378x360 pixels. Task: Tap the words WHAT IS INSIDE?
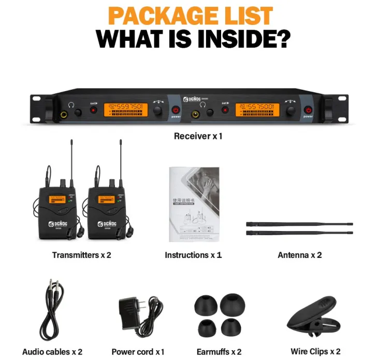coord(193,39)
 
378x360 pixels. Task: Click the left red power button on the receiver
coord(176,110)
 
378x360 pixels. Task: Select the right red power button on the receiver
coord(308,110)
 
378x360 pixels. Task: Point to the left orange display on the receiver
coord(126,110)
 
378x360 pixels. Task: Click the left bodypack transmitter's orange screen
coord(56,199)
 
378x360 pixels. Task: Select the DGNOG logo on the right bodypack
coord(107,224)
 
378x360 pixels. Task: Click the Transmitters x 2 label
coord(81,255)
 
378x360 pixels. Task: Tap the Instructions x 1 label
coord(193,255)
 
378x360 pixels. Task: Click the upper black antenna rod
coord(299,224)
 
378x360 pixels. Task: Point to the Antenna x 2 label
coord(299,255)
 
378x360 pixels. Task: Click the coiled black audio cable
coord(51,311)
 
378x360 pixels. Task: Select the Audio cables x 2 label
coord(52,352)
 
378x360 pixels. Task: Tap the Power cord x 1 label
coord(138,352)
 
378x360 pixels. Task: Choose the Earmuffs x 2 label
coord(219,352)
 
